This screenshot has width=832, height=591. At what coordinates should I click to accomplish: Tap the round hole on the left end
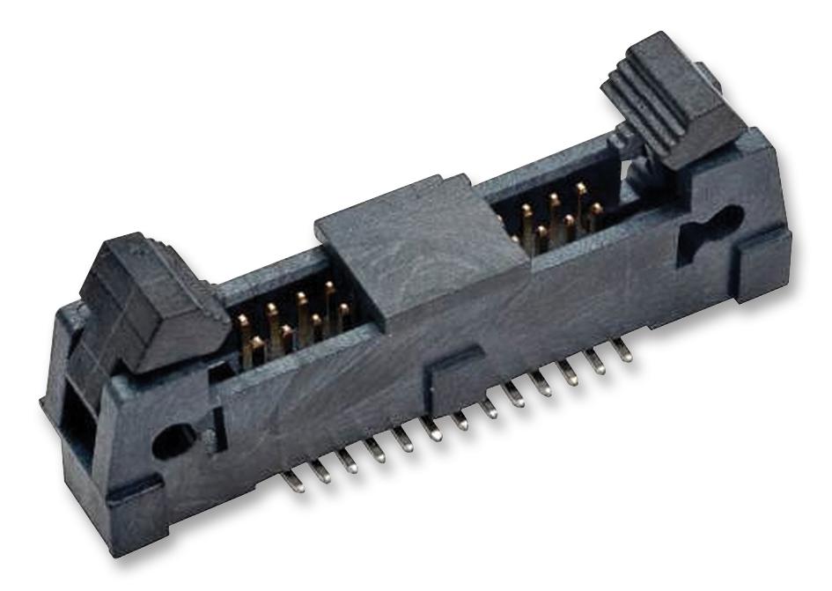171,438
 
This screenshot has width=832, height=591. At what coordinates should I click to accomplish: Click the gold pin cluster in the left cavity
295,321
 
